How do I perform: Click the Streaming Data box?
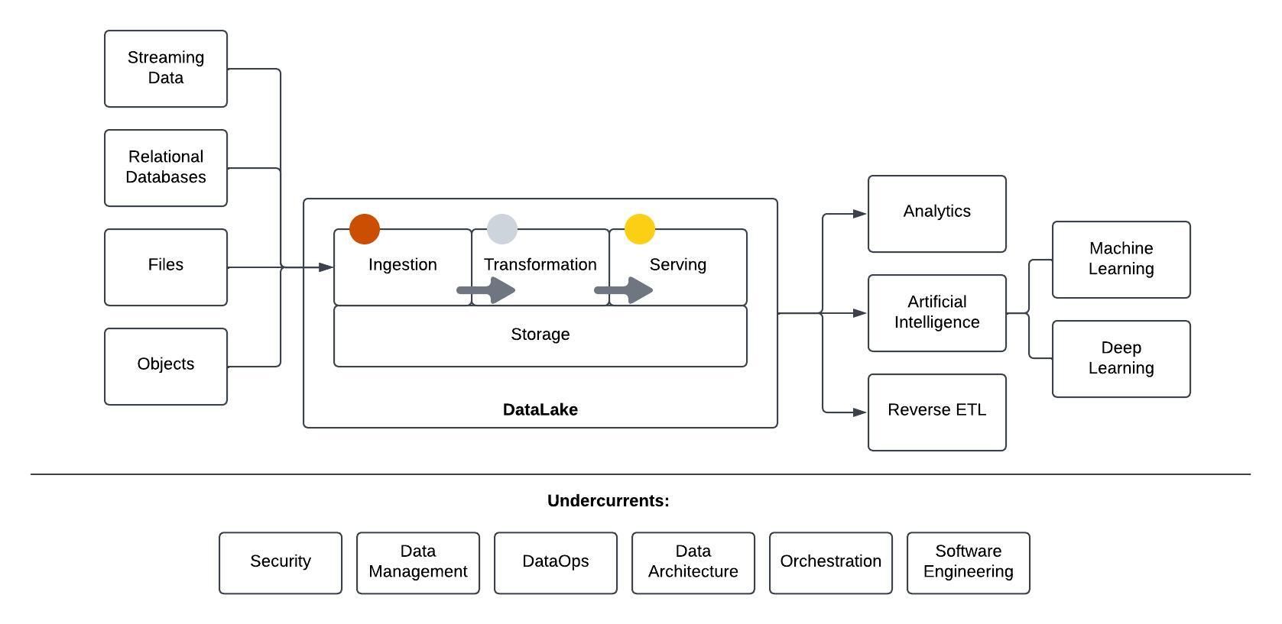click(x=165, y=69)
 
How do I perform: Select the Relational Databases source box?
click(x=165, y=168)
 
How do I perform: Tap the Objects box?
click(x=165, y=367)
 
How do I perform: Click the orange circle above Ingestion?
click(x=365, y=229)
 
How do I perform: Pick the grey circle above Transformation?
click(x=502, y=229)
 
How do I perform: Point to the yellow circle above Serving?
click(x=640, y=229)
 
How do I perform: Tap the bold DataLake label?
click(x=540, y=409)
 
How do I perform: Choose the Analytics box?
click(x=936, y=214)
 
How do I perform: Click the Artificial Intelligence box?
click(x=936, y=313)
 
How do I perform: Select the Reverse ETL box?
click(x=936, y=412)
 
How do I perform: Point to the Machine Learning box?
click(x=1121, y=260)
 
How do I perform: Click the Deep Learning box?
click(x=1121, y=359)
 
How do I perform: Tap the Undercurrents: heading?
click(x=608, y=501)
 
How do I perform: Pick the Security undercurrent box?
click(x=280, y=563)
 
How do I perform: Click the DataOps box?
click(x=555, y=563)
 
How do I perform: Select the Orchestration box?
click(x=830, y=563)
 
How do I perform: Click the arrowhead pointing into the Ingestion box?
click(x=326, y=267)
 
